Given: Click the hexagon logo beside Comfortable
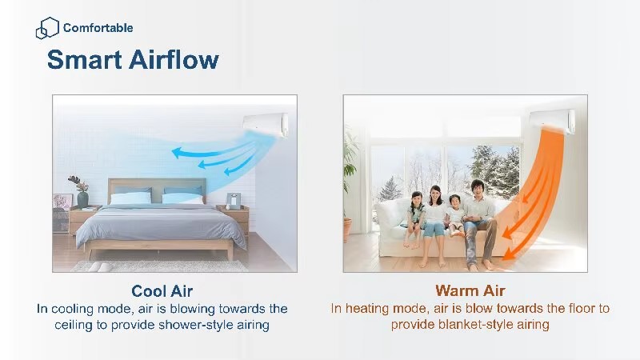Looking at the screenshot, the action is click(47, 28).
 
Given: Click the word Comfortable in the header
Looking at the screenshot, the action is click(98, 28).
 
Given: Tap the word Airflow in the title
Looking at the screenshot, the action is click(174, 59).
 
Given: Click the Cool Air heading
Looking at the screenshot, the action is click(162, 291).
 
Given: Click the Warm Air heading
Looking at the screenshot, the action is click(470, 290).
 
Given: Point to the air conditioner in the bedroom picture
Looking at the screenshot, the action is click(266, 124).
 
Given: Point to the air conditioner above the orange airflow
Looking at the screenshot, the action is click(552, 122).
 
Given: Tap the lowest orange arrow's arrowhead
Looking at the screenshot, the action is click(507, 255).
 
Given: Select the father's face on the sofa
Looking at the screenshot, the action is click(476, 190).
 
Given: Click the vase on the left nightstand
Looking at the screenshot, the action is click(82, 198).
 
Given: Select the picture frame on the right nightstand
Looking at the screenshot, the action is click(234, 201).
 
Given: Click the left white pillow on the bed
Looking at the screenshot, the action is click(131, 198).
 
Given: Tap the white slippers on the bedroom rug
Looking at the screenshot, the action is click(99, 267).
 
